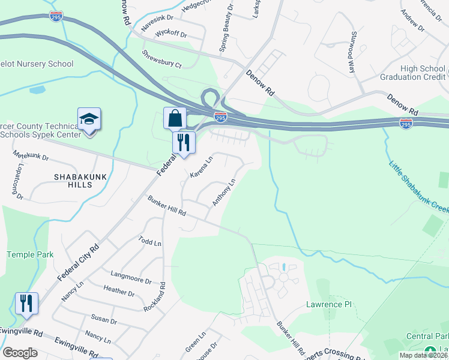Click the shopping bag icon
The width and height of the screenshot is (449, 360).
(x=175, y=118)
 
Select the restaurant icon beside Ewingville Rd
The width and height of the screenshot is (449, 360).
(x=26, y=304)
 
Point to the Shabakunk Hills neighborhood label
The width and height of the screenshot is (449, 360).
(x=73, y=181)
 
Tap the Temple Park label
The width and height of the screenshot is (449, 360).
(x=30, y=254)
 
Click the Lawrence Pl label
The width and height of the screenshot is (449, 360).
(x=329, y=304)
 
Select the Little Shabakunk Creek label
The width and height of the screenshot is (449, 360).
(x=418, y=187)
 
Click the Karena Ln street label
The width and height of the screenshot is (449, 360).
(x=202, y=167)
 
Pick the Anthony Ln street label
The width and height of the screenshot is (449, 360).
(x=223, y=191)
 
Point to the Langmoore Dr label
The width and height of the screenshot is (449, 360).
(x=131, y=277)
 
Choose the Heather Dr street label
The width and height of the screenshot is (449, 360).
(x=119, y=291)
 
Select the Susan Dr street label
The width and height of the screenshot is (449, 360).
(x=104, y=318)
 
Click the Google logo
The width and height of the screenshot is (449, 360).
(x=20, y=353)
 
